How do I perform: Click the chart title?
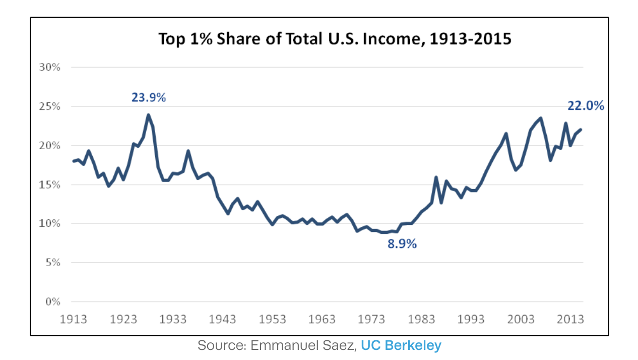click(x=335, y=39)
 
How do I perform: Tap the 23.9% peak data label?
click(x=149, y=97)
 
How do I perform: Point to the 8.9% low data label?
click(x=402, y=245)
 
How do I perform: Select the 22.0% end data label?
click(x=586, y=106)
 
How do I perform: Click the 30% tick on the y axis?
click(x=50, y=67)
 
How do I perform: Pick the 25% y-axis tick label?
click(x=50, y=106)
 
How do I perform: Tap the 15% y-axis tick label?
click(x=50, y=185)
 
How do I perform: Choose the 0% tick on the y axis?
click(x=52, y=302)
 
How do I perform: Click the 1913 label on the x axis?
click(x=74, y=320)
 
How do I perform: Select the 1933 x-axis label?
click(x=173, y=320)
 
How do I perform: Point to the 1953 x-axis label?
click(x=273, y=320)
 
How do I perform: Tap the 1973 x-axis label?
click(x=372, y=320)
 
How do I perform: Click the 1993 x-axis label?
click(x=471, y=320)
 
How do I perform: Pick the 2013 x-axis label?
click(x=570, y=320)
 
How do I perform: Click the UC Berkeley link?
click(x=401, y=345)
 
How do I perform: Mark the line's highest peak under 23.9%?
click(x=148, y=115)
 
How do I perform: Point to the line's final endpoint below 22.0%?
click(x=581, y=130)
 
